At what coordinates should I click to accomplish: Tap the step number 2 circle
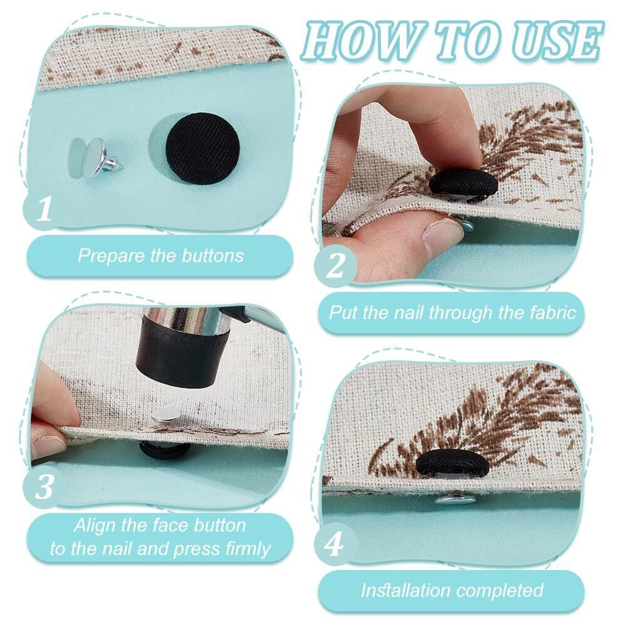[335, 266]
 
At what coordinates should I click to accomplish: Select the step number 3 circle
[44, 487]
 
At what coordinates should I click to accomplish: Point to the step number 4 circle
[335, 544]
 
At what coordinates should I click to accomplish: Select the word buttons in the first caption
[212, 256]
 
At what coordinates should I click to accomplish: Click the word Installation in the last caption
[405, 591]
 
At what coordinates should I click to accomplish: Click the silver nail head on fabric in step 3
[165, 418]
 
